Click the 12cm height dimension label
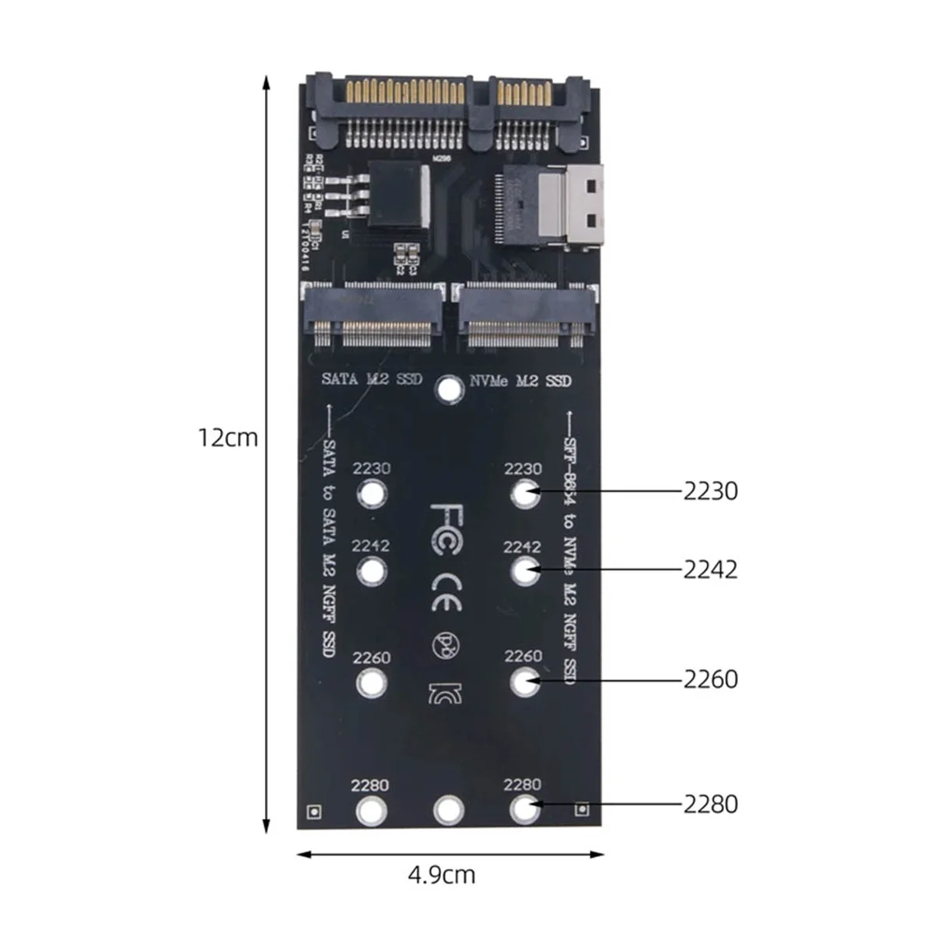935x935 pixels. point(227,437)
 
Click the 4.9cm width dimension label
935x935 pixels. point(441,875)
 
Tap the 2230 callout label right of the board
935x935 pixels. point(710,492)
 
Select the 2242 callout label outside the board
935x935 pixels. point(710,570)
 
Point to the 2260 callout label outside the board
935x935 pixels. point(710,679)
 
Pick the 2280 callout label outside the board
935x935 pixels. point(710,803)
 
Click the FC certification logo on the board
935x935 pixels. point(449,529)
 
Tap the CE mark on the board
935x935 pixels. point(449,593)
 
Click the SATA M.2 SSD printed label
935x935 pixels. point(372,379)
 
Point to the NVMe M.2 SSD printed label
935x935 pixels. point(520,381)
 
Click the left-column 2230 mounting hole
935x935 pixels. point(372,493)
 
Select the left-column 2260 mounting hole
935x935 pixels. point(372,683)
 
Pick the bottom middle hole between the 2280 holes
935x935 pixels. point(448,810)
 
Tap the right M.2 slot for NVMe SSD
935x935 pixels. point(527,316)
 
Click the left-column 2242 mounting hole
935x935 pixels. point(372,571)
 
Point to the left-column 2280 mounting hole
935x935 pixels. point(372,810)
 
